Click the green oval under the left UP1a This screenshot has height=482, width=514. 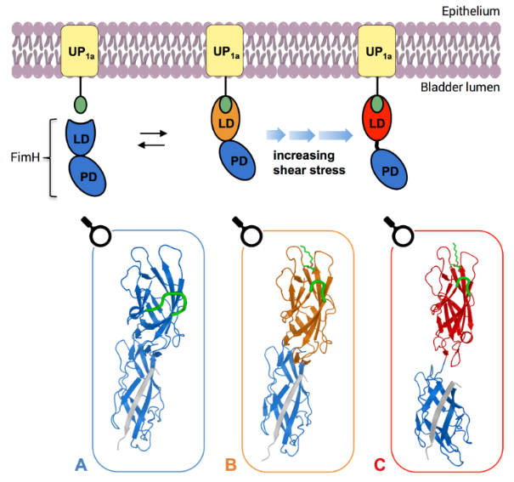[x=81, y=105]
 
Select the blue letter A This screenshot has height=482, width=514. [x=81, y=464]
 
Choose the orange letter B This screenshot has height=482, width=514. [x=231, y=464]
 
